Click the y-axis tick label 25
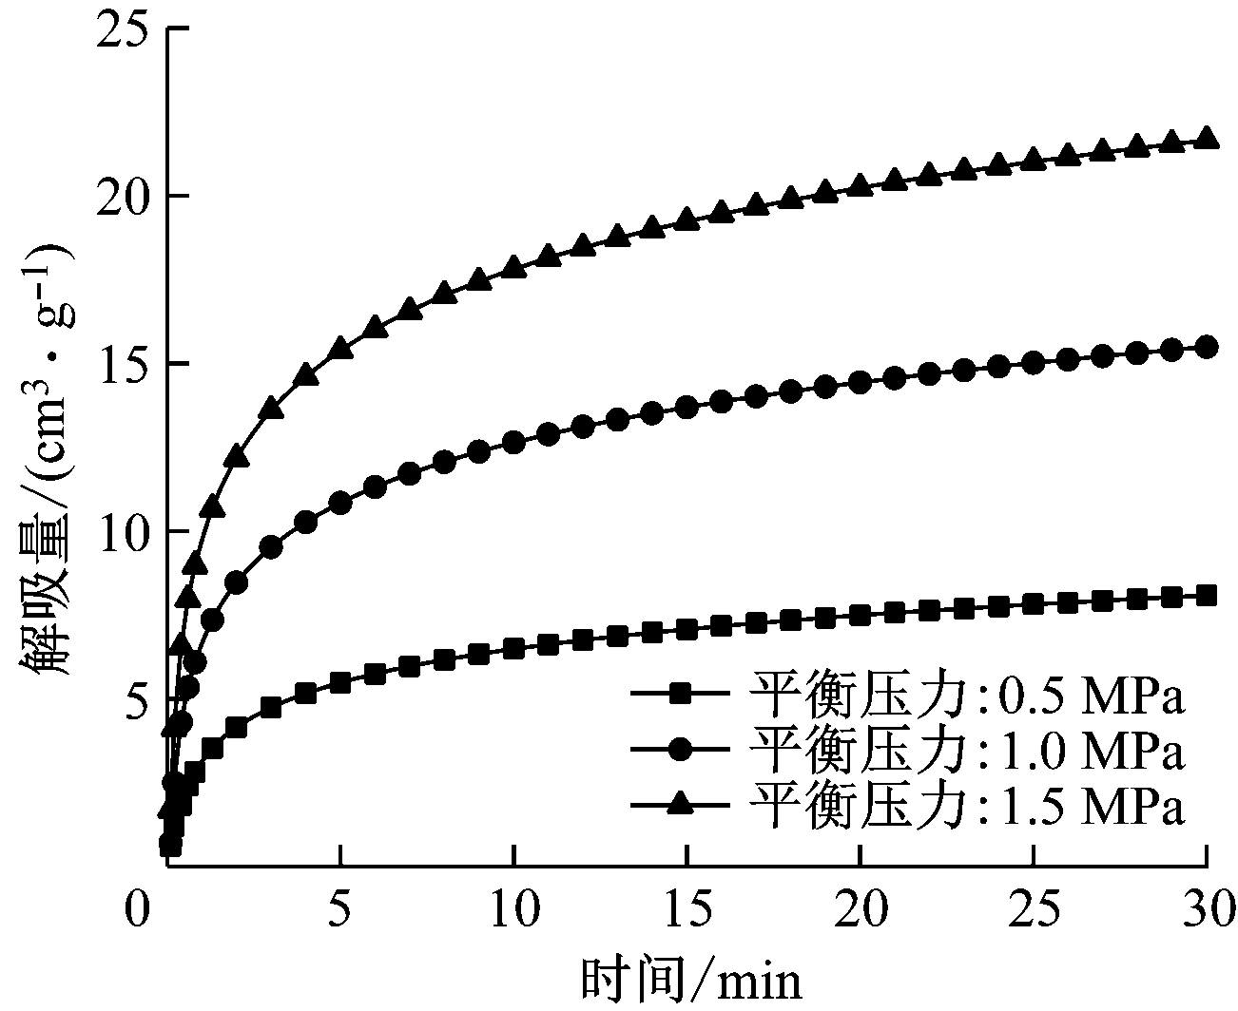(122, 29)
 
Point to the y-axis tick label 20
(122, 197)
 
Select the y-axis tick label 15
(122, 364)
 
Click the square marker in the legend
(679, 695)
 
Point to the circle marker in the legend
(679, 750)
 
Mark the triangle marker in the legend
(679, 805)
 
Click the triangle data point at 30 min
(1207, 138)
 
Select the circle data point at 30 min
(1207, 347)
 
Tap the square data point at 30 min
(1207, 596)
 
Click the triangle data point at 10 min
(513, 267)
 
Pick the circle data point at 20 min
(860, 382)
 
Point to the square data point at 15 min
(687, 629)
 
